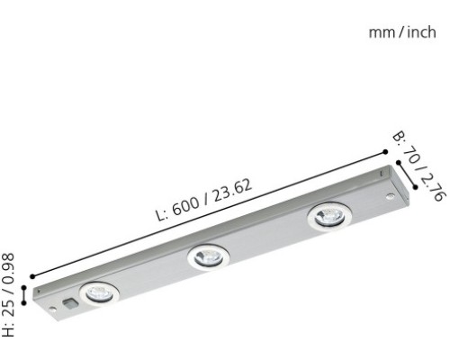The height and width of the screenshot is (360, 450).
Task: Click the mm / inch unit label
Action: [x=403, y=33]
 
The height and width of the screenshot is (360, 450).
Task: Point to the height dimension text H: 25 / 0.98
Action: [x=11, y=293]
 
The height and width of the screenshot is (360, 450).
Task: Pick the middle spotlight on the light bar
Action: [x=206, y=258]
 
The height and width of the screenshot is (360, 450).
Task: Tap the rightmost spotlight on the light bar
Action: [x=324, y=216]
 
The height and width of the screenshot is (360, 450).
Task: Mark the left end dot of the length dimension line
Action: [x=32, y=276]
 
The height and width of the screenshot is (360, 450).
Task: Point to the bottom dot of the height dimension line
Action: [x=23, y=304]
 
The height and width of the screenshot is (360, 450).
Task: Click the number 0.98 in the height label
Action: [x=11, y=268]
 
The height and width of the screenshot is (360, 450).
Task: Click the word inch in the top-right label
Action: [x=420, y=33]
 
